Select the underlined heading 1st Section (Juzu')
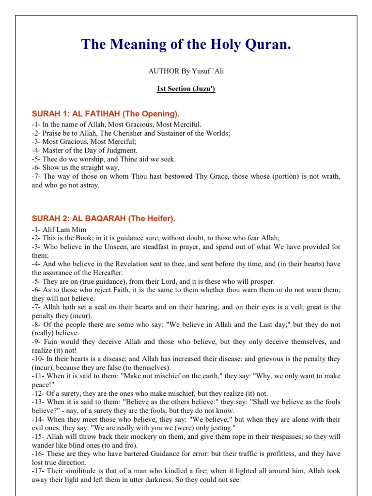point(186,89)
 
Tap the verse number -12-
point(39,393)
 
